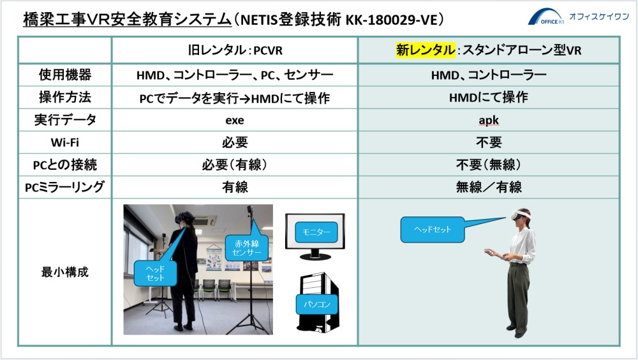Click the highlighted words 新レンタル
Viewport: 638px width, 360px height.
point(425,50)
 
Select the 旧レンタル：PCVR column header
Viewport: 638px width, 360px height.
point(235,50)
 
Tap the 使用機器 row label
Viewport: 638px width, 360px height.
point(64,75)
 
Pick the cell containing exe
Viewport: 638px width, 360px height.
point(235,120)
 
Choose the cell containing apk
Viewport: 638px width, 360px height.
point(489,120)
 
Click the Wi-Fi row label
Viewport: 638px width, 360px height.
point(64,142)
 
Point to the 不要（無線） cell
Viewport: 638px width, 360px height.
point(489,165)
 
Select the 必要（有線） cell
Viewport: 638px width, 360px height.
point(235,165)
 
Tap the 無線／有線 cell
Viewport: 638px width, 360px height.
point(489,187)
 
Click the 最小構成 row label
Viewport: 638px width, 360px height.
point(64,272)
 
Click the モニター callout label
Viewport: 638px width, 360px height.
point(316,232)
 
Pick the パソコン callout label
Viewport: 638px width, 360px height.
point(317,304)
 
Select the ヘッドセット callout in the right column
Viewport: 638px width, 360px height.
point(432,230)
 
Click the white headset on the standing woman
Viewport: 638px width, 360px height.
point(521,214)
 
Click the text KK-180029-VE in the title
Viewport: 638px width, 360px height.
point(391,20)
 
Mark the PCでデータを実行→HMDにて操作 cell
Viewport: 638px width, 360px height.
point(235,98)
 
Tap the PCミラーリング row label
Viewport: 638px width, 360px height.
point(64,187)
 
